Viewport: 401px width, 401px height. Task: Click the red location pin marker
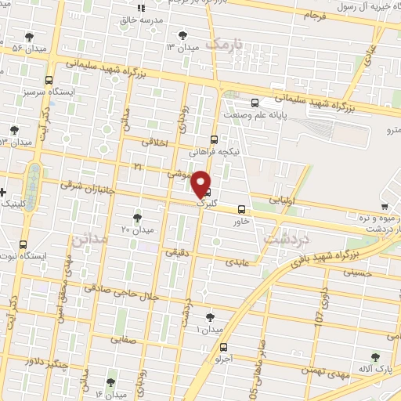coord(202,182)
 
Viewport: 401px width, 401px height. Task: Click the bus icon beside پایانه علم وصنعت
coord(255,103)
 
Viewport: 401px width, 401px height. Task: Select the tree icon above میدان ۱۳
coord(183,34)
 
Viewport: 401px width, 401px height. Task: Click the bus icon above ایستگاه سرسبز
coord(49,80)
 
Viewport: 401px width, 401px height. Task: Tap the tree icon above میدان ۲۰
coord(138,217)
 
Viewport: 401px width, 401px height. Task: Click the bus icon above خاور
coord(241,209)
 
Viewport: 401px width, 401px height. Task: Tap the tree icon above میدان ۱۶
coord(109,381)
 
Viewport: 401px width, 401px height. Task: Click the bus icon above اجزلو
coord(225,347)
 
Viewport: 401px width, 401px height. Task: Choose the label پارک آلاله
coord(374,367)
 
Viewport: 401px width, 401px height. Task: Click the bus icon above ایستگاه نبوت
coord(23,244)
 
